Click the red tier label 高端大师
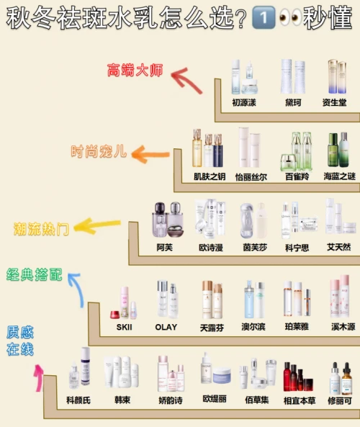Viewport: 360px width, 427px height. tap(135, 70)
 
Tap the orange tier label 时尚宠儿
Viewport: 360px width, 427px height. tap(99, 151)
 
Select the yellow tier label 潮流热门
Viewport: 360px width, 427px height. tap(41, 229)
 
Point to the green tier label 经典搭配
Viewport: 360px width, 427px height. tap(35, 274)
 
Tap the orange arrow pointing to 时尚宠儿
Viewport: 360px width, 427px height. tap(150, 154)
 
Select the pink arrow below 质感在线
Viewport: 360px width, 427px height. tap(39, 378)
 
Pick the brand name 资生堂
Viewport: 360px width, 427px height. tap(334, 103)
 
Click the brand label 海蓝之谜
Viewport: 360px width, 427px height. tap(340, 176)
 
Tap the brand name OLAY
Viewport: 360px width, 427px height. tap(166, 327)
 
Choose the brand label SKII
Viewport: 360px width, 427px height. tap(124, 327)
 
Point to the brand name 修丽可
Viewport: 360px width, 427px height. tap(340, 400)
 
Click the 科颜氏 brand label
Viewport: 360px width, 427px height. tap(78, 400)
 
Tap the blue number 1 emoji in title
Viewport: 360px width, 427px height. tap(264, 18)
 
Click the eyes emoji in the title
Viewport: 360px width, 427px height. tap(290, 17)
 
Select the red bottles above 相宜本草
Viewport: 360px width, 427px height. tap(298, 377)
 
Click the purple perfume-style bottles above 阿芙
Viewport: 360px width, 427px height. tap(168, 220)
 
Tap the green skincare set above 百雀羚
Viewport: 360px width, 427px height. tap(296, 151)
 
